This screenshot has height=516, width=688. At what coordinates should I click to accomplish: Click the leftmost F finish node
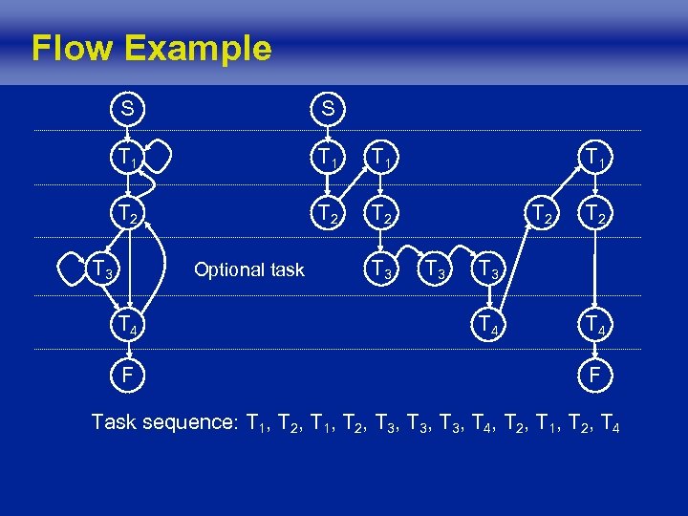pyautogui.click(x=125, y=376)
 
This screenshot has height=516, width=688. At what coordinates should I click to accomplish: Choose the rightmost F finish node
pyautogui.click(x=593, y=376)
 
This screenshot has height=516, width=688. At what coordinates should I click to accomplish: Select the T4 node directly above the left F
pyautogui.click(x=125, y=324)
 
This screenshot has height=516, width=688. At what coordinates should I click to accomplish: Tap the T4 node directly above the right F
pyautogui.click(x=593, y=324)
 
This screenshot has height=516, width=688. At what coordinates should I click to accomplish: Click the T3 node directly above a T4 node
pyautogui.click(x=488, y=270)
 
